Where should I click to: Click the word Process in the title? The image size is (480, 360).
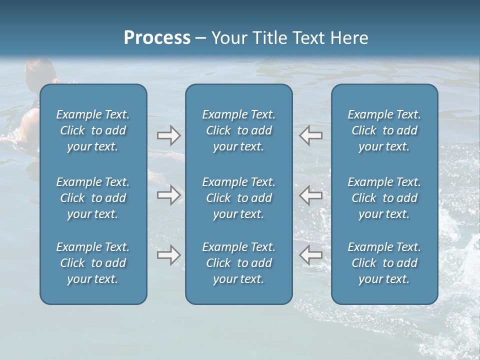coord(157,38)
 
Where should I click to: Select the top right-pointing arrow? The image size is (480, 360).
coord(168,135)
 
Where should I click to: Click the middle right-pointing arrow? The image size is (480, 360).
coord(168,195)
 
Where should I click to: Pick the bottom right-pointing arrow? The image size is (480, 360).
coord(168,255)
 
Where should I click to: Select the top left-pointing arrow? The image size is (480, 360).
coord(310,135)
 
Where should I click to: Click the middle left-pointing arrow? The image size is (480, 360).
coord(310,195)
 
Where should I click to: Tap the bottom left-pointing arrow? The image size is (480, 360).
coord(310,255)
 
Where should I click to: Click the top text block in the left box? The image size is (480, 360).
coord(93,130)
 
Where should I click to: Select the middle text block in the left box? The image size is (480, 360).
coord(93,198)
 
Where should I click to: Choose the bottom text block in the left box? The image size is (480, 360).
coord(93,263)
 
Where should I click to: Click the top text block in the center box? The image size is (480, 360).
coord(239,130)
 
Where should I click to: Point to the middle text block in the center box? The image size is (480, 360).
coord(239,198)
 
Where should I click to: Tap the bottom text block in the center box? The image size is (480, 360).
coord(239,263)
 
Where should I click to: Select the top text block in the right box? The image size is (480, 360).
coord(384,130)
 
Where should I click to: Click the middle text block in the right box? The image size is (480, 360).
coord(384,198)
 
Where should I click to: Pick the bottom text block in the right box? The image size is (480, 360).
coord(384,263)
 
